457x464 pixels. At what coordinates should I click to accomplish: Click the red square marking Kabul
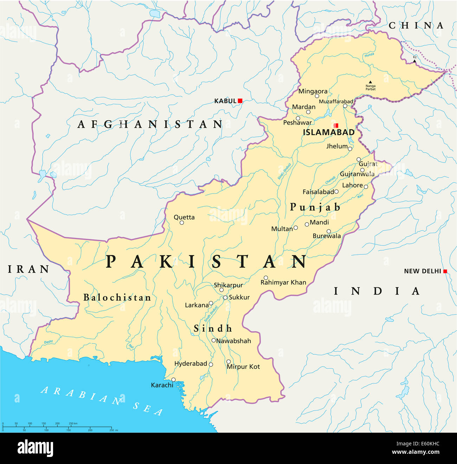coord(240,101)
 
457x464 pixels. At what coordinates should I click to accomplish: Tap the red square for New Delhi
coord(445,271)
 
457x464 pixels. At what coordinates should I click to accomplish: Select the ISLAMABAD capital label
coord(329,133)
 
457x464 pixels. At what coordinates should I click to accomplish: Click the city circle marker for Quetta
coord(182,223)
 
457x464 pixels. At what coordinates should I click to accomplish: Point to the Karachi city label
coord(162,385)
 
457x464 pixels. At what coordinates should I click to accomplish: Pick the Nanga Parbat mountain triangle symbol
coord(370,82)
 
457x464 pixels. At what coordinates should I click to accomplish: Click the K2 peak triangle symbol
coord(414,61)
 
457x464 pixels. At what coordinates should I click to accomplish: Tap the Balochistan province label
coord(117,298)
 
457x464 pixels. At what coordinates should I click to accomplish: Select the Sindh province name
coord(213,329)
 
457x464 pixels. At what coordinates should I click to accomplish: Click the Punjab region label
coord(315,207)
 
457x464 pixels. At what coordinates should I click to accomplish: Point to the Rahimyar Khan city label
coord(283,282)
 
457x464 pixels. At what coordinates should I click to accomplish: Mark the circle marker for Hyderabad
coord(211,364)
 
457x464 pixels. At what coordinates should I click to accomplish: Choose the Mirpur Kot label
coord(243,367)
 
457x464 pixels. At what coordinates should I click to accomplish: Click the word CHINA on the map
coord(416,25)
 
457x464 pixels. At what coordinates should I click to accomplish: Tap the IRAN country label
coord(28,269)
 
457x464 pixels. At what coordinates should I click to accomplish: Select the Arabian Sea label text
coord(102,401)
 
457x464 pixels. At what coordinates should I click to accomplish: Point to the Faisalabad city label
coord(318,192)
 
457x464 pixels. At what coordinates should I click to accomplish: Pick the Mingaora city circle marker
coord(317,96)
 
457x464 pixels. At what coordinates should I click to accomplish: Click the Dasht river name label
coord(49,342)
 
